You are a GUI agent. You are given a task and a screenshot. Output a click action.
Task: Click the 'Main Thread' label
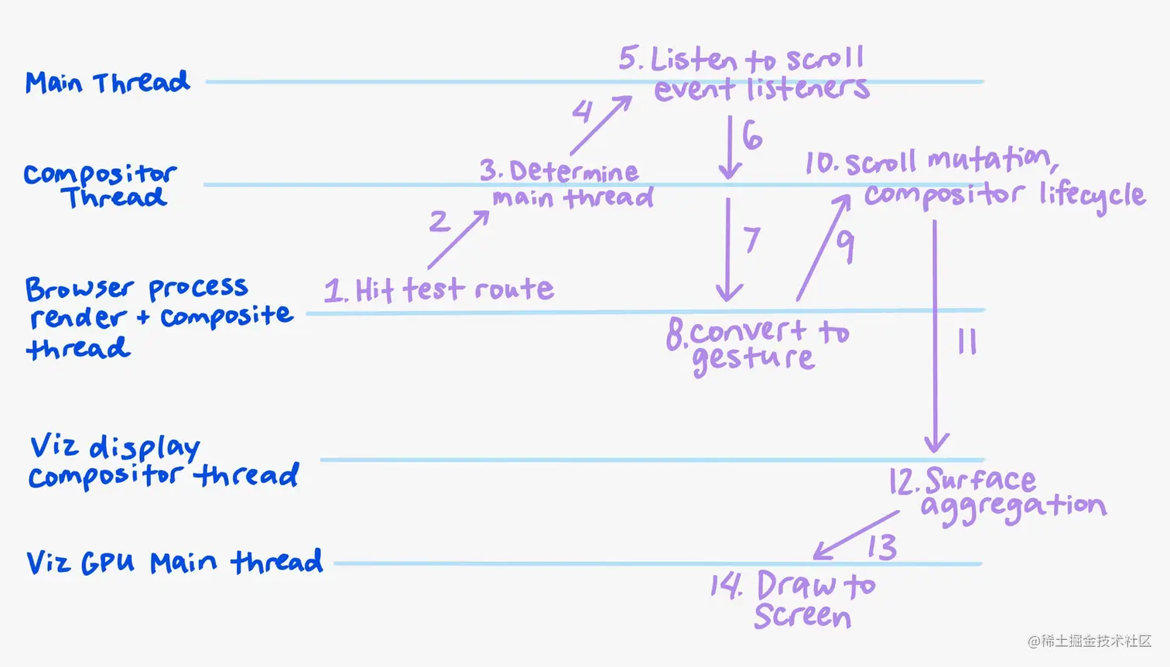[x=107, y=82]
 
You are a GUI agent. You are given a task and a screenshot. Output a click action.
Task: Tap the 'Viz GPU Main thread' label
[x=174, y=562]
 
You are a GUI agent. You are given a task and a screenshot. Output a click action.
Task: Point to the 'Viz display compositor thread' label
[x=162, y=462]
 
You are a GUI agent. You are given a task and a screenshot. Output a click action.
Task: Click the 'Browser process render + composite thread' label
[x=159, y=317]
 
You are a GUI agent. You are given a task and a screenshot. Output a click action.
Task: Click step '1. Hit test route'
[x=439, y=290]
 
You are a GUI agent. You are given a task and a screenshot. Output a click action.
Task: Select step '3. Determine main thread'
[x=566, y=184]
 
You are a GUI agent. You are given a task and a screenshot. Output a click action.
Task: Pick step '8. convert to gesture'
[x=757, y=345]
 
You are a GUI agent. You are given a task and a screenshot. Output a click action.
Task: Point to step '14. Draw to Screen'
[x=793, y=600]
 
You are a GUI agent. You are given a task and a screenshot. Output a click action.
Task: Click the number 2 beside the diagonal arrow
[x=439, y=221]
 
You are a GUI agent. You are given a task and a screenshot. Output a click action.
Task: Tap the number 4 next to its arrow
[x=583, y=111]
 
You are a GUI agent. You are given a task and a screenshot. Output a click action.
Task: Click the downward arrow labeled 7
[x=727, y=249]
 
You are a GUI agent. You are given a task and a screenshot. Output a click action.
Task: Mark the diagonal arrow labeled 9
[x=823, y=248]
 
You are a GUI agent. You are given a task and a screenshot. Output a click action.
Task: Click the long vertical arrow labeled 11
[x=936, y=337]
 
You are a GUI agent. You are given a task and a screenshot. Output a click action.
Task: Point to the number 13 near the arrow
[x=881, y=547]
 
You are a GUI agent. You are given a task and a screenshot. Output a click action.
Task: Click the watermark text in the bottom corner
[x=1090, y=641]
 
